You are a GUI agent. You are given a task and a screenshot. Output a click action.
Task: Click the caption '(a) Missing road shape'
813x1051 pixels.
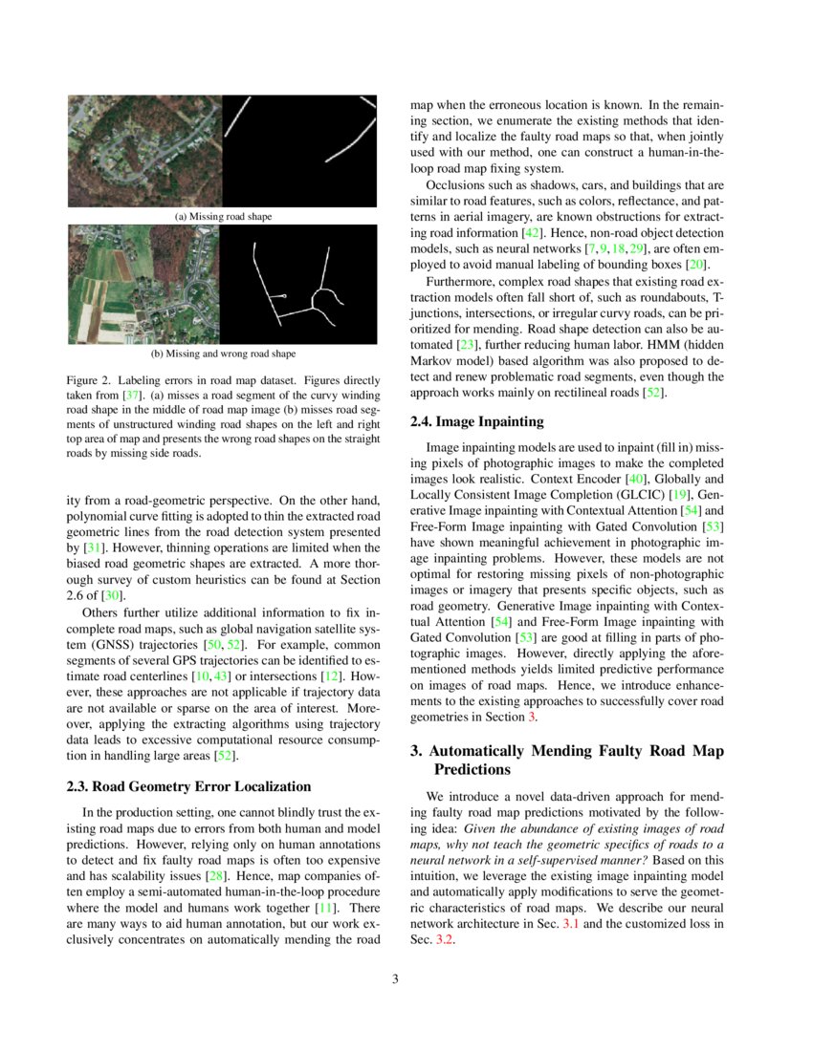coord(223,217)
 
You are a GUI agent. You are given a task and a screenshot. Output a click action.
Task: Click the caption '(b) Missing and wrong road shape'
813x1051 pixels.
coord(223,353)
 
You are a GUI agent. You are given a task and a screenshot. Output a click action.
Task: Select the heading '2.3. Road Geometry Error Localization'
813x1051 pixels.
coord(188,786)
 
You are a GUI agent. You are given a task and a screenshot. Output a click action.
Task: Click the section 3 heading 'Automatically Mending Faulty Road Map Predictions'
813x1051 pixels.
coord(567,760)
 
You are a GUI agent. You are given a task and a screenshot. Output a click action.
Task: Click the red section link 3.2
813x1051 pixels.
coord(443,940)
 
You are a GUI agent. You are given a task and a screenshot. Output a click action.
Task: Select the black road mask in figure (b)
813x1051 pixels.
coord(300,285)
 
